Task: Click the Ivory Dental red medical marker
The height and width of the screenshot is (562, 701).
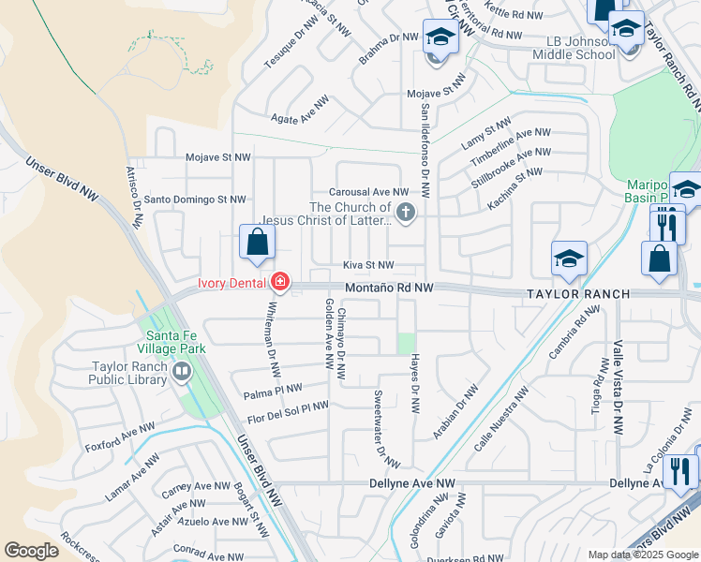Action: [x=279, y=282]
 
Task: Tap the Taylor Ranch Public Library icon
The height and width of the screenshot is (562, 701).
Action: [x=181, y=373]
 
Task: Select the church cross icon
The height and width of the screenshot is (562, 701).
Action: [x=406, y=213]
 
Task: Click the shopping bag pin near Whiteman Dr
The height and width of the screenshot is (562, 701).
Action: [x=257, y=243]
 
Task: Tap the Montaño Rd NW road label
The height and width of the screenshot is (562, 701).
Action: [x=388, y=288]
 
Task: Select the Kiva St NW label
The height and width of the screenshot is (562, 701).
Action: [x=367, y=266]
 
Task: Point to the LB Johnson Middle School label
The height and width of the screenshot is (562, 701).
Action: [x=581, y=48]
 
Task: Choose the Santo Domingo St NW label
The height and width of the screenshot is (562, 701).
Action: [x=194, y=199]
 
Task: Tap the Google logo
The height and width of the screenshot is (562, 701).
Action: [x=32, y=550]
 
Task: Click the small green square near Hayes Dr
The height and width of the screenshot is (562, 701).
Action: [x=405, y=343]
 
